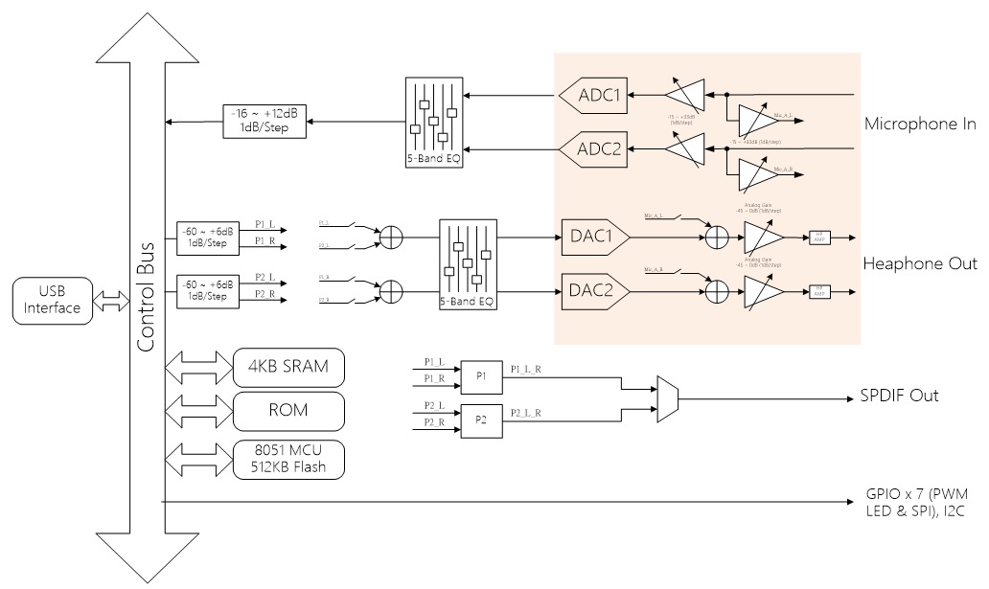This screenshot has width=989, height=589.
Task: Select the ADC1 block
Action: tap(593, 95)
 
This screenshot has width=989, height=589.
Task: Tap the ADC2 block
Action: tap(593, 147)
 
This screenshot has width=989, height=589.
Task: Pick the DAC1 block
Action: tap(594, 236)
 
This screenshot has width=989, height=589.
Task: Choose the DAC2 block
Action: tap(594, 289)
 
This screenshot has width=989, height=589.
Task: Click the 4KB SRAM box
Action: tap(288, 367)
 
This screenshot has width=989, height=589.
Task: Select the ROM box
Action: tap(288, 412)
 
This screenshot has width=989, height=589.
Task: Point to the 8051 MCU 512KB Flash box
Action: tap(288, 459)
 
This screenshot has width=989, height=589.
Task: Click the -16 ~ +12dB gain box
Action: tap(264, 121)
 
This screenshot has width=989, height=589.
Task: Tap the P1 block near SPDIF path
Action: tap(480, 376)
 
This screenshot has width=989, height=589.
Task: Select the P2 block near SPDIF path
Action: tap(480, 420)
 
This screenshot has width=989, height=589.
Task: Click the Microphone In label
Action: tap(919, 124)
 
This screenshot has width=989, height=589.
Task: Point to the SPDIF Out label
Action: tap(899, 396)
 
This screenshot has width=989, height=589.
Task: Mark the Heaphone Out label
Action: tap(920, 263)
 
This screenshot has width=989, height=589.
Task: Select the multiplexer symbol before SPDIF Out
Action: tap(667, 399)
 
